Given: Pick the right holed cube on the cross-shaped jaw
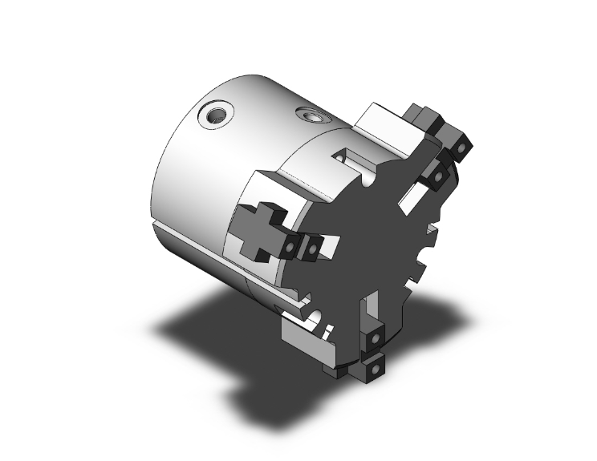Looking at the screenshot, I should click(311, 247).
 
